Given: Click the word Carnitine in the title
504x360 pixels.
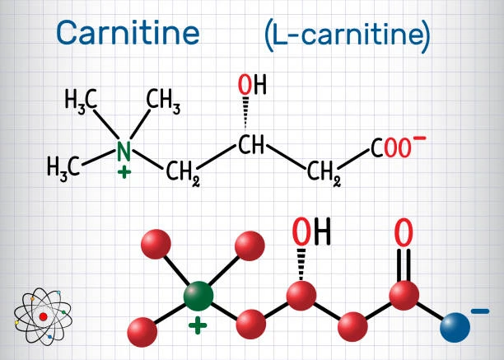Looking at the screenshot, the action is [x=128, y=32].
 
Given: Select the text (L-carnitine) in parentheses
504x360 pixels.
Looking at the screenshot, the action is [x=348, y=35].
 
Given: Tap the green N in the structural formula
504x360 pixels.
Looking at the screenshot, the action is [x=124, y=151].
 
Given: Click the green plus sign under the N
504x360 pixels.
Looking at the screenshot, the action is [x=124, y=173].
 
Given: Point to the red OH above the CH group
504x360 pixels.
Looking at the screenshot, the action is [x=252, y=84].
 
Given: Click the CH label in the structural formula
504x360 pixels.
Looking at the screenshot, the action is [x=251, y=144].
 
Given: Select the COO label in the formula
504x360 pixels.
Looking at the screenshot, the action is [x=391, y=147].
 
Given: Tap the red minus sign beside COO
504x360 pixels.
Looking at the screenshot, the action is [x=419, y=138].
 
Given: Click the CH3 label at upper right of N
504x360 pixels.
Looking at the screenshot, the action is [x=163, y=100].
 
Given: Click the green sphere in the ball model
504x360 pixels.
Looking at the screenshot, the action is [x=198, y=296].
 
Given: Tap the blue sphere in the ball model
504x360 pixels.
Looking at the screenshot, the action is [x=455, y=327].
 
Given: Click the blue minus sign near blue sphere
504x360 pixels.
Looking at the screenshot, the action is [x=480, y=311].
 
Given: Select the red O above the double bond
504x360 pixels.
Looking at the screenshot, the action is [x=404, y=232].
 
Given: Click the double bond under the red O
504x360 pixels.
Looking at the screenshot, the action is [x=404, y=265].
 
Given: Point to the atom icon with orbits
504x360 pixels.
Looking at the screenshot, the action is [x=43, y=316].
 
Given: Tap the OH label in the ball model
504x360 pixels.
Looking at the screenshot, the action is [x=311, y=231].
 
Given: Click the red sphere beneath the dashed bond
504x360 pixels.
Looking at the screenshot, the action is [x=301, y=296].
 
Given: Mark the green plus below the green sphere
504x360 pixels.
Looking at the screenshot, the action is [x=198, y=325].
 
